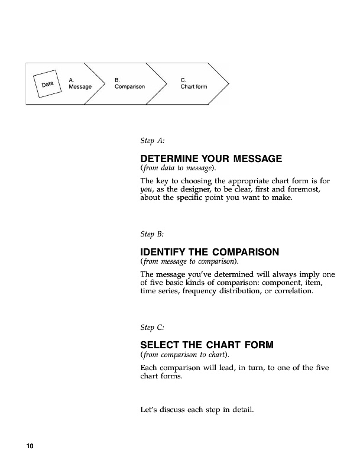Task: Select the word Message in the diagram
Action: tap(80, 87)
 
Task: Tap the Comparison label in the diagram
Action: tap(129, 87)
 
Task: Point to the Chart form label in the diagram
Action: tap(194, 87)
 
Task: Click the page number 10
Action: tap(29, 446)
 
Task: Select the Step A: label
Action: tap(152, 142)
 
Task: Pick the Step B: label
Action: tap(152, 235)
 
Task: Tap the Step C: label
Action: tap(152, 327)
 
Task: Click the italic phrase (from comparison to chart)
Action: tap(184, 355)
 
